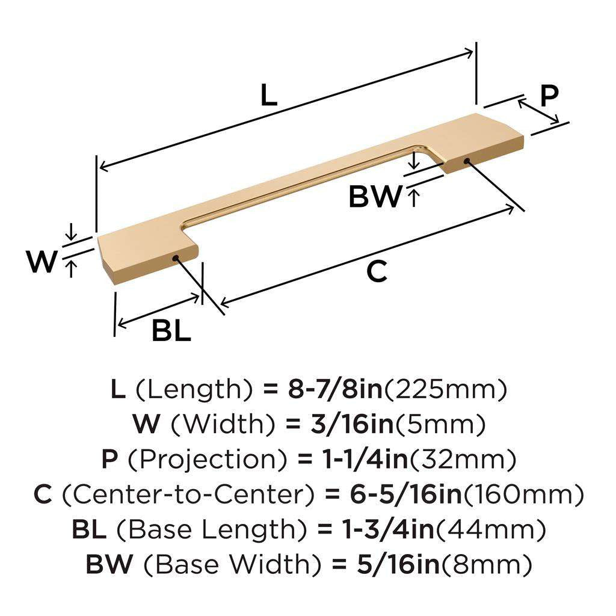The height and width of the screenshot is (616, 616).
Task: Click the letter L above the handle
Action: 268,96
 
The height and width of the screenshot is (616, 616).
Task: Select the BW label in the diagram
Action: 375,197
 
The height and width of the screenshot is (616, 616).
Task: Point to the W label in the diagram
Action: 42,262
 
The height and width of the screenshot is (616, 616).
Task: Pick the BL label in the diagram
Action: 171,330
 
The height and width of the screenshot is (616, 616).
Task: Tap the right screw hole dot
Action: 467,160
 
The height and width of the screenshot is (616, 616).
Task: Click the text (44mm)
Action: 490,530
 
